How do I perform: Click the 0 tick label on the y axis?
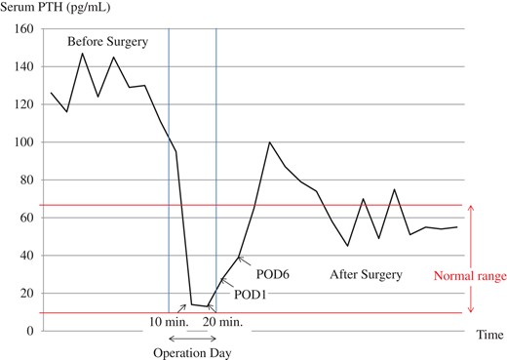(28, 331)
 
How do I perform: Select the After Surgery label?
(366, 275)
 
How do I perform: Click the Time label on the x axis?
(489, 335)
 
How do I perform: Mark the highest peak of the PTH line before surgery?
(82, 53)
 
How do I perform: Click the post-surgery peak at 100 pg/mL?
(269, 142)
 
